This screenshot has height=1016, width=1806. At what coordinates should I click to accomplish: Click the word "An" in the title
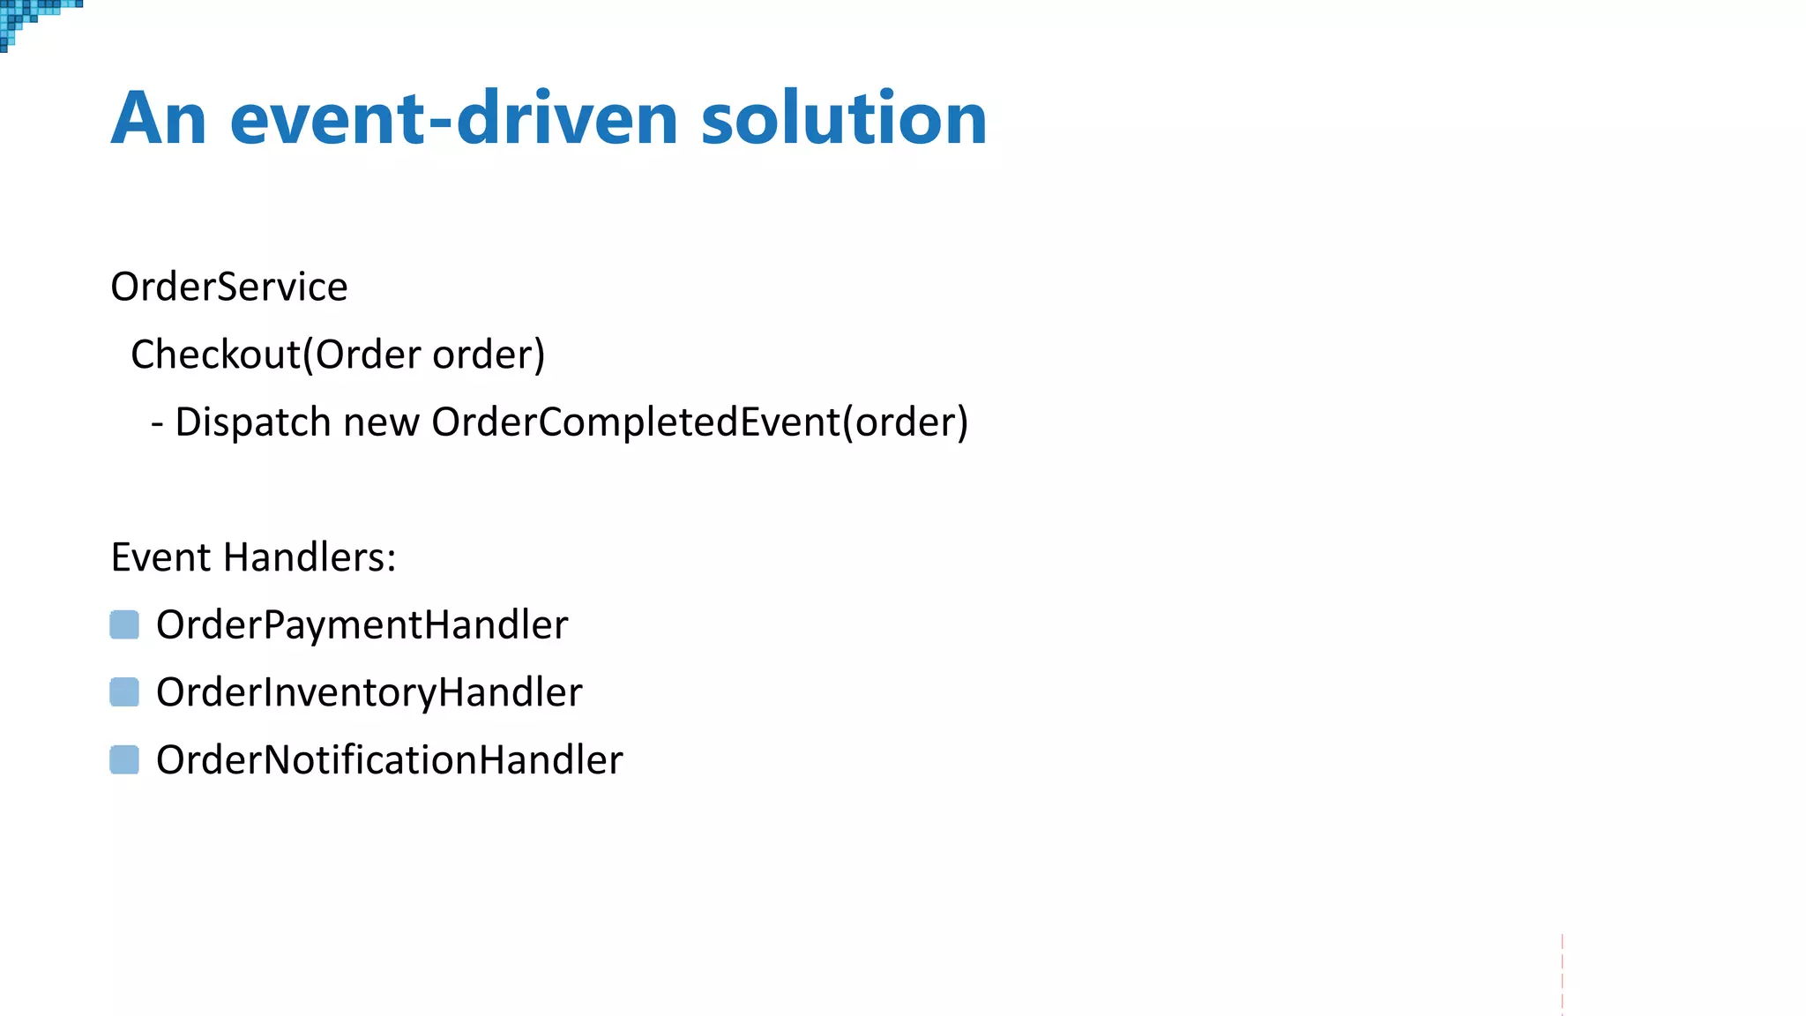pos(159,119)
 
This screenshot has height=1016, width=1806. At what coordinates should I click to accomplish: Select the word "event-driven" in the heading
pos(453,119)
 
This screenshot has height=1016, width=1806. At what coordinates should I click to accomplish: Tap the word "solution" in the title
pos(844,119)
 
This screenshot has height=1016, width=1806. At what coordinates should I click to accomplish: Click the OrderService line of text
pos(229,288)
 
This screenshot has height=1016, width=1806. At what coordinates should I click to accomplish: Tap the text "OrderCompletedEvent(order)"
pos(699,422)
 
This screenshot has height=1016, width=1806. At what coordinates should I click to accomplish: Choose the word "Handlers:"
pos(310,557)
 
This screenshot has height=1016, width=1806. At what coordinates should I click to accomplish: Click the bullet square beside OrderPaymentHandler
pos(124,624)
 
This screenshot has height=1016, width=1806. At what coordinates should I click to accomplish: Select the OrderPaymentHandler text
pos(362,625)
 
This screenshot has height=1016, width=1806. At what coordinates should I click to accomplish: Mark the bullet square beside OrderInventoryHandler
pos(124,692)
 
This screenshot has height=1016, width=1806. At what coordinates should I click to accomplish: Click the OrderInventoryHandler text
pos(369,693)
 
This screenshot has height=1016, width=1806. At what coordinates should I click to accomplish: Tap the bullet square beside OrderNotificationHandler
pos(124,759)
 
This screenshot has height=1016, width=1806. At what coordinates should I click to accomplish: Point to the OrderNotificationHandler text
pos(389,760)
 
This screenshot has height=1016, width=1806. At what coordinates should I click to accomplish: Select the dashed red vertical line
pos(1562,974)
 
